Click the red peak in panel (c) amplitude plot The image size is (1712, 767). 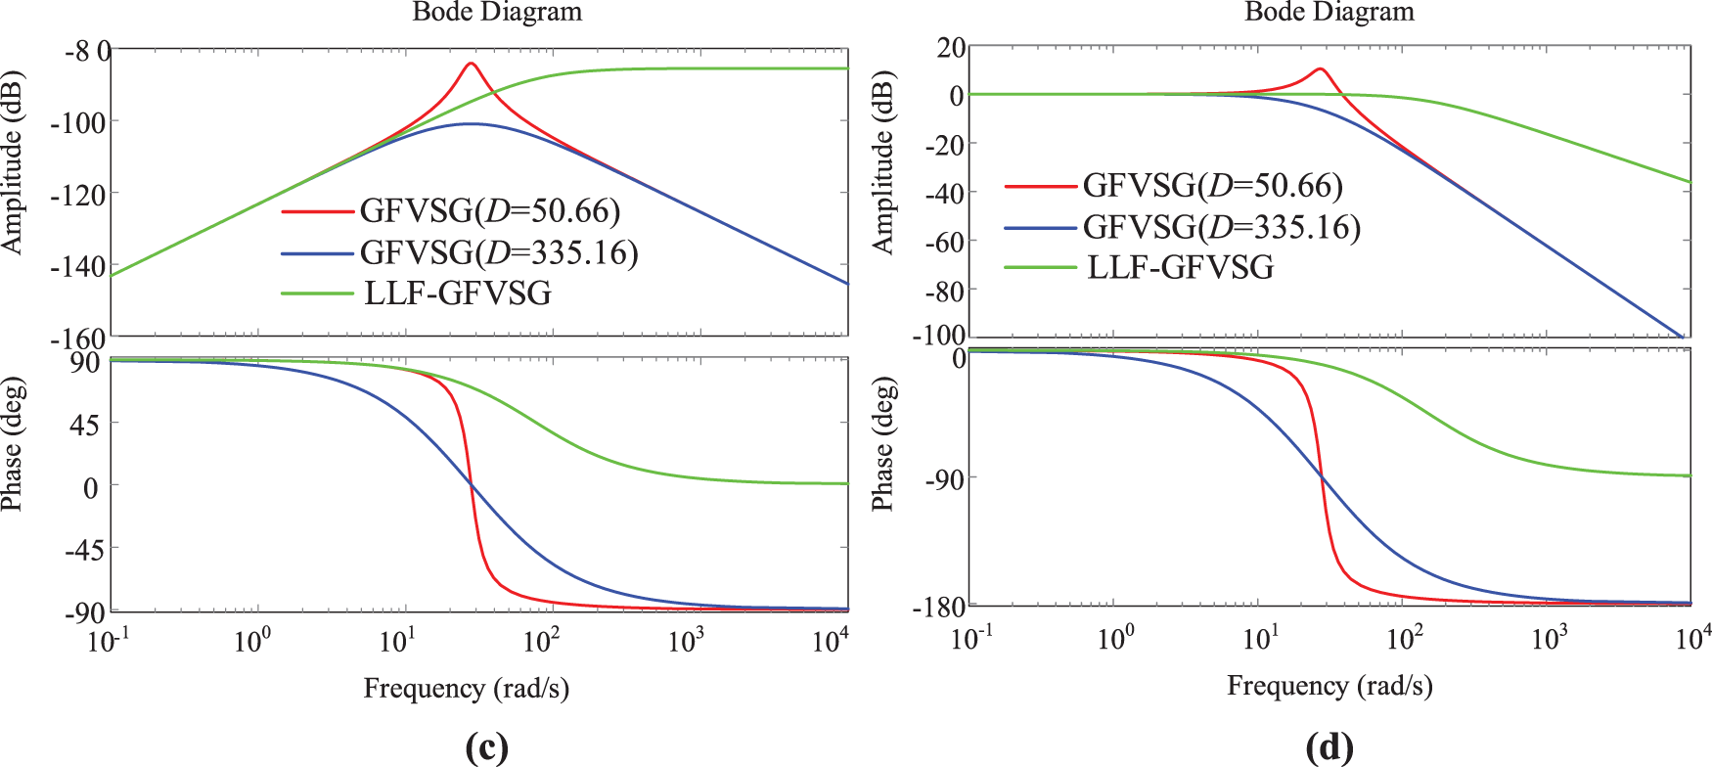pos(471,64)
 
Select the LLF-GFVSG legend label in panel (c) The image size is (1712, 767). pos(457,293)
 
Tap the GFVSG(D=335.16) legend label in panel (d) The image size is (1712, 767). pos(1221,227)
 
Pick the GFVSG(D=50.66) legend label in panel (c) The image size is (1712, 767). pos(489,210)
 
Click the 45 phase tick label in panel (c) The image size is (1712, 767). pos(84,425)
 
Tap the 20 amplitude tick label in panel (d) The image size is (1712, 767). pos(951,47)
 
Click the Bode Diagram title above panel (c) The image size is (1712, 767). pos(497,12)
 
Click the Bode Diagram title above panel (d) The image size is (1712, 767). pos(1329,12)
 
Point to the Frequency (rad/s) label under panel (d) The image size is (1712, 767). pos(1329,686)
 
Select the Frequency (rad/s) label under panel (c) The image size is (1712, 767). pos(466,689)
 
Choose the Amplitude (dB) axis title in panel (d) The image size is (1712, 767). pos(882,161)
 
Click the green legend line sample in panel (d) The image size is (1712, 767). pos(1040,268)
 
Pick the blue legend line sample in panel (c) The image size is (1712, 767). pos(316,253)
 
